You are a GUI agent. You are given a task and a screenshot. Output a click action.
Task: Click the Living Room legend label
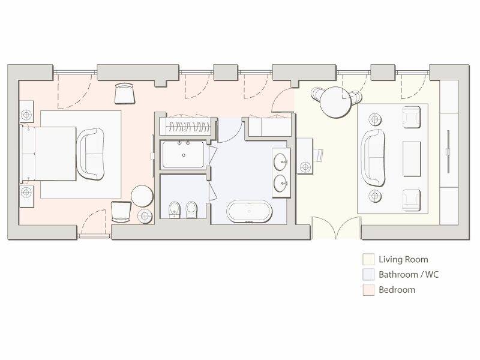click(403, 260)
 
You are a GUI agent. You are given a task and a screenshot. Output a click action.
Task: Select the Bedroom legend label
click(397, 290)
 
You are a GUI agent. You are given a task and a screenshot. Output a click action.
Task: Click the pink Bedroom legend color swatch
click(368, 290)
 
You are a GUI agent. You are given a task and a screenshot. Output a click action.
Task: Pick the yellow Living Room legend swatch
click(368, 260)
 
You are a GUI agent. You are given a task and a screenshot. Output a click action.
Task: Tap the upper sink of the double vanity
click(280, 161)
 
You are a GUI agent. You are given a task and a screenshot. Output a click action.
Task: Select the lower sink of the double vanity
click(280, 182)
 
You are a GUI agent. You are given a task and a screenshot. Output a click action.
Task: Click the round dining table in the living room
click(334, 103)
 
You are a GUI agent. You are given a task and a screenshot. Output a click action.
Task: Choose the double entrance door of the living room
click(336, 229)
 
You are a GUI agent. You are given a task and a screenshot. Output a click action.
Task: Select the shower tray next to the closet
click(184, 155)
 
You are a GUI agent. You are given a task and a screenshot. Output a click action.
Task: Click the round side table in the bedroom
click(143, 196)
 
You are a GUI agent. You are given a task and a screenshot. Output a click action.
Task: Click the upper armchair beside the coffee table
click(412, 117)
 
